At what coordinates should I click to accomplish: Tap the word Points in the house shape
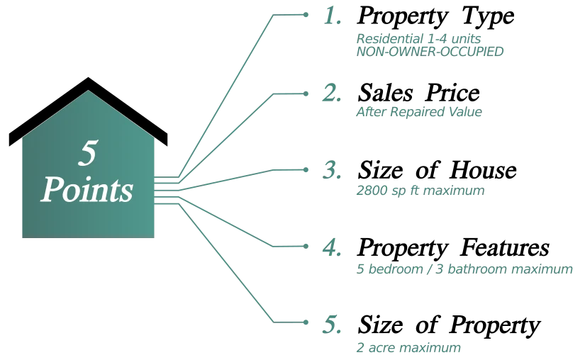(87, 190)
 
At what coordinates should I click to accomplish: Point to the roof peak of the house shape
(88, 93)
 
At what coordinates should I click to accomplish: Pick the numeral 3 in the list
(330, 170)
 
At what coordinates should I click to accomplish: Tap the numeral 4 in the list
(330, 248)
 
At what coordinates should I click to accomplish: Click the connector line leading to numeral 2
(234, 128)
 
